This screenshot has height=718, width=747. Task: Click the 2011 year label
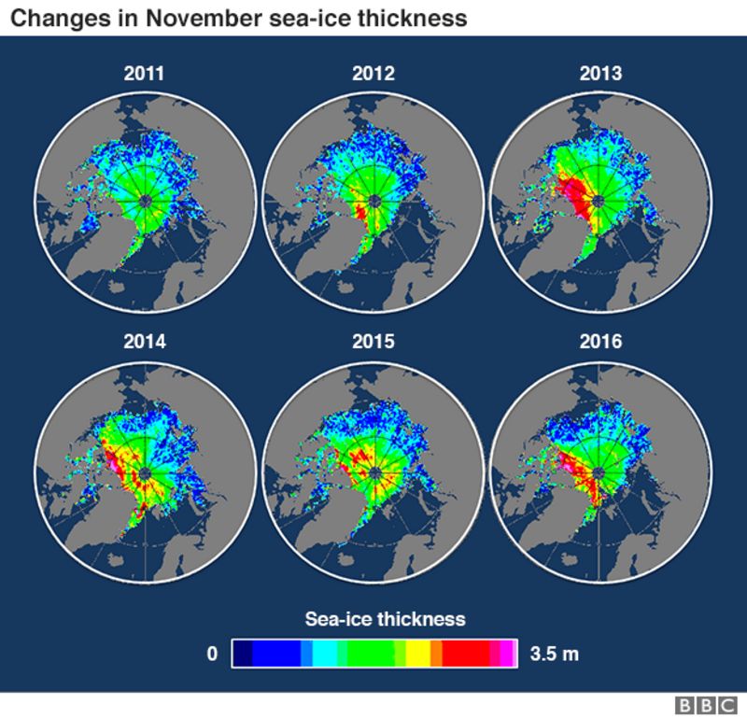(145, 73)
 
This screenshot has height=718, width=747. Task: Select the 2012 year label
(373, 73)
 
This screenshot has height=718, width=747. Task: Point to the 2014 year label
(145, 342)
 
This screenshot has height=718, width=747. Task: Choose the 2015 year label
(373, 342)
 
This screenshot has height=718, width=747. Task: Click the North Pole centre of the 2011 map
(145, 201)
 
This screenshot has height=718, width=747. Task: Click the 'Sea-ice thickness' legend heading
(385, 619)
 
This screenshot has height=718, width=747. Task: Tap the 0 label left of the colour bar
(213, 654)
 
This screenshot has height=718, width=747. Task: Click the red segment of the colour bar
(465, 654)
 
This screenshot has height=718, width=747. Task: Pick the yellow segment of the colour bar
(417, 654)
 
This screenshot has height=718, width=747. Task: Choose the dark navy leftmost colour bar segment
(242, 654)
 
